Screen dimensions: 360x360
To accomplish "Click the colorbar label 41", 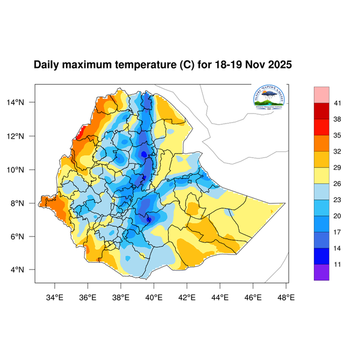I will tap(337, 103).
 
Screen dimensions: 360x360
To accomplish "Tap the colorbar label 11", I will tap(337, 263).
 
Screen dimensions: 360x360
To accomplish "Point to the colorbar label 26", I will tap(337, 183).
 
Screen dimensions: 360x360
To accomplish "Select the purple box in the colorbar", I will tap(322, 272).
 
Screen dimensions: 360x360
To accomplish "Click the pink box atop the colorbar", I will tap(322, 95).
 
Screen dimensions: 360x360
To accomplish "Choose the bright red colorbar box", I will tap(322, 127).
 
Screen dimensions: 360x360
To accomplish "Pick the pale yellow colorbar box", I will tap(322, 175).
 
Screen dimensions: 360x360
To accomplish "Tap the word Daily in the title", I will tap(47, 64).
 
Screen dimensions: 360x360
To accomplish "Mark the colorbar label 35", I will tap(337, 135).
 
